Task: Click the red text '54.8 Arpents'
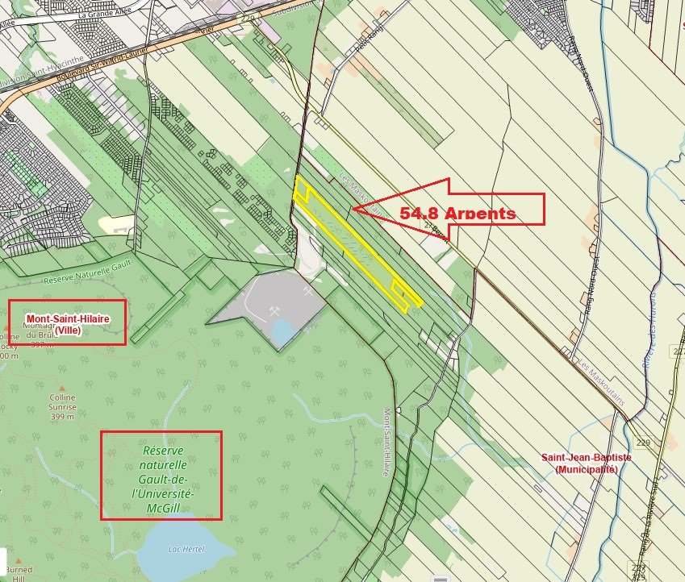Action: click(457, 214)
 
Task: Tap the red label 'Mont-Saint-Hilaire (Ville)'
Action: click(68, 322)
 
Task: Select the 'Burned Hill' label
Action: click(17, 573)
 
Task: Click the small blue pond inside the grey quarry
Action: click(284, 331)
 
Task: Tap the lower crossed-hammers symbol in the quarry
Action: click(276, 310)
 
